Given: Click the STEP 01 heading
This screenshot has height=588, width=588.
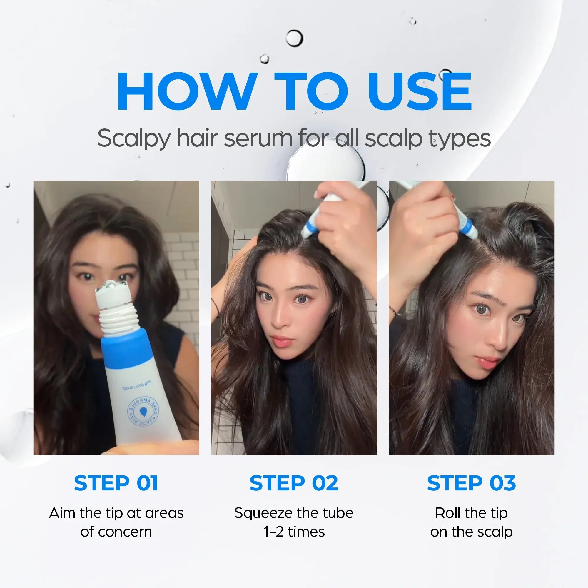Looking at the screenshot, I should click(116, 483).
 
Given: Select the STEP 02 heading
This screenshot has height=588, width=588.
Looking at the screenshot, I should click(294, 483).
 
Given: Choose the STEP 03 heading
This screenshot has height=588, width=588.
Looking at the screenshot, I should click(472, 483).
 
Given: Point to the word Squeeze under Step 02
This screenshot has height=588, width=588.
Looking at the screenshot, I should click(259, 513).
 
